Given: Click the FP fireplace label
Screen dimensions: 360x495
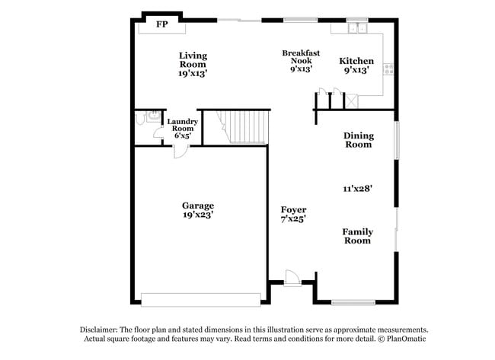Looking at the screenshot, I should click(x=161, y=25).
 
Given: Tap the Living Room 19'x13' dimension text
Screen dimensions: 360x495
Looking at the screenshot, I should click(x=193, y=74).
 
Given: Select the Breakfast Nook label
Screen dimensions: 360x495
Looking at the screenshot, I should click(x=296, y=57).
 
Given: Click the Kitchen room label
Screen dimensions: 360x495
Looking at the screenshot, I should click(x=356, y=61).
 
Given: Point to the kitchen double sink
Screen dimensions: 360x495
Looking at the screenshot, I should click(x=356, y=29).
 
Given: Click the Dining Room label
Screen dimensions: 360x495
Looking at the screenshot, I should click(x=359, y=140).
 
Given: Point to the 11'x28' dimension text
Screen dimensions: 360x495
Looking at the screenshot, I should click(x=356, y=188).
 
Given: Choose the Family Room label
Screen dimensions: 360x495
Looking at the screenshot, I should click(x=356, y=236).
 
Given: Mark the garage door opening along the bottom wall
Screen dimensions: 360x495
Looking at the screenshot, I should click(x=197, y=299).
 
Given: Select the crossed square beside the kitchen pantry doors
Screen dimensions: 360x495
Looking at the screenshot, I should click(x=352, y=100).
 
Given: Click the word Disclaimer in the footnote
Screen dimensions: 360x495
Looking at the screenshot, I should click(x=101, y=330).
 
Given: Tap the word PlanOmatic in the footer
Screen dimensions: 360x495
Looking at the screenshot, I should click(x=406, y=338).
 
